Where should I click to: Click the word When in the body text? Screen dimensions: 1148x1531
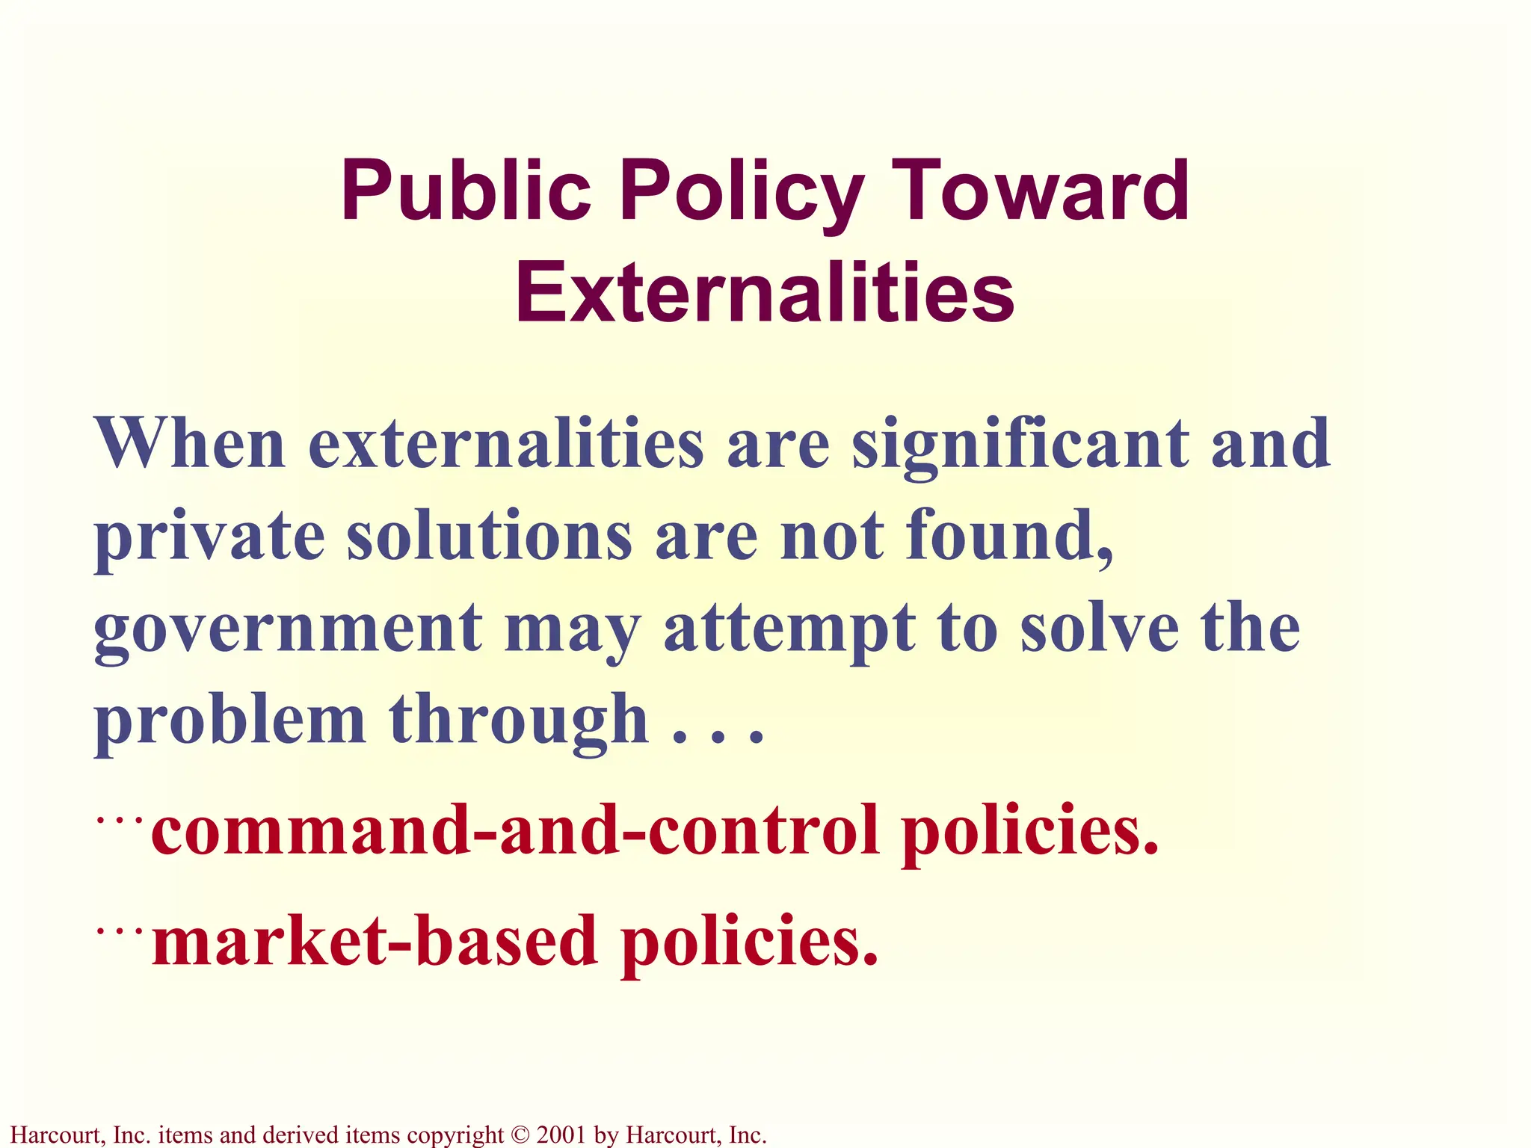click(190, 442)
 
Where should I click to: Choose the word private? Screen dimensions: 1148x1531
click(209, 537)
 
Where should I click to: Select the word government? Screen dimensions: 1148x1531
click(288, 629)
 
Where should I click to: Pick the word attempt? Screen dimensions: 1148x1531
click(789, 629)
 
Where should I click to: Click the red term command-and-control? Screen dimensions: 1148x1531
click(515, 830)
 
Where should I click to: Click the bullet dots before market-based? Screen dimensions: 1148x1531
click(120, 931)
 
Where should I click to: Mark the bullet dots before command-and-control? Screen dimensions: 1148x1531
click(120, 821)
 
